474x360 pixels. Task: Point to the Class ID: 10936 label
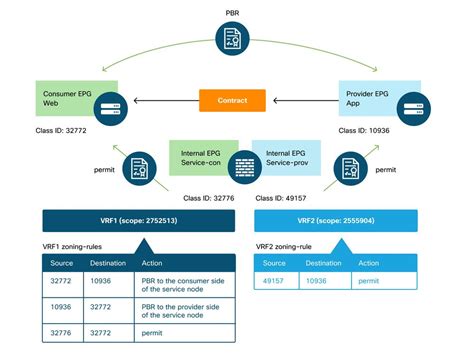367,130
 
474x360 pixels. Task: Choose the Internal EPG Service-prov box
281,158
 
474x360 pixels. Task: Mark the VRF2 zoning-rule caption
296,246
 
